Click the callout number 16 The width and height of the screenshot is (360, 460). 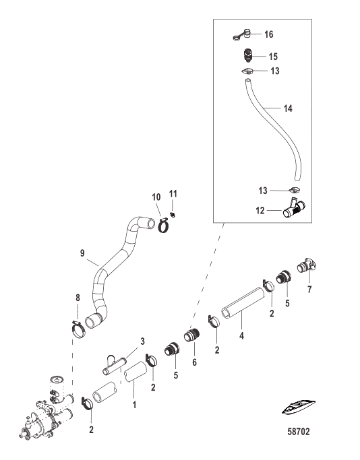click(269, 34)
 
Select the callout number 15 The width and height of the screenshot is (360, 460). click(273, 57)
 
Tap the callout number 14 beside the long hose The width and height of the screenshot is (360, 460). click(288, 108)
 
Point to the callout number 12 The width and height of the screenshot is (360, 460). click(260, 211)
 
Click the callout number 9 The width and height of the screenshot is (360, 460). click(82, 253)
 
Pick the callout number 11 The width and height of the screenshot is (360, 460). click(173, 193)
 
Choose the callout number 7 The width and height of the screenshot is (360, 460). click(309, 289)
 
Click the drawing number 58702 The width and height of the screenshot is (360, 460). click(299, 432)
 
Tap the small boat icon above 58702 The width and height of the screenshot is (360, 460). click(299, 407)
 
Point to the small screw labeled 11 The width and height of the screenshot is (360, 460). click(173, 215)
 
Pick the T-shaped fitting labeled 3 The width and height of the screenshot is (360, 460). click(114, 365)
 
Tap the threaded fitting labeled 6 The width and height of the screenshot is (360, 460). click(191, 335)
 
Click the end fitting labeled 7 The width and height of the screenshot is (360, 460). click(307, 265)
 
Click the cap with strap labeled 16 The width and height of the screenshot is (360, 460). click(243, 34)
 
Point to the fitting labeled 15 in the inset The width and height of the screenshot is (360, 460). click(247, 55)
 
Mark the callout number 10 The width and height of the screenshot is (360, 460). click(156, 197)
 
